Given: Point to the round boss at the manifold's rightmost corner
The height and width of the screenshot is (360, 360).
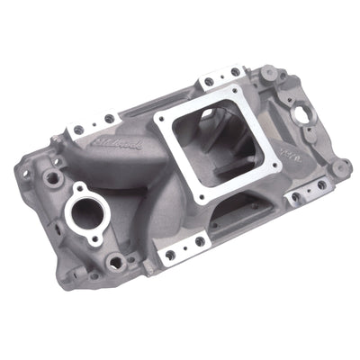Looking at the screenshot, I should pos(341,167).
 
